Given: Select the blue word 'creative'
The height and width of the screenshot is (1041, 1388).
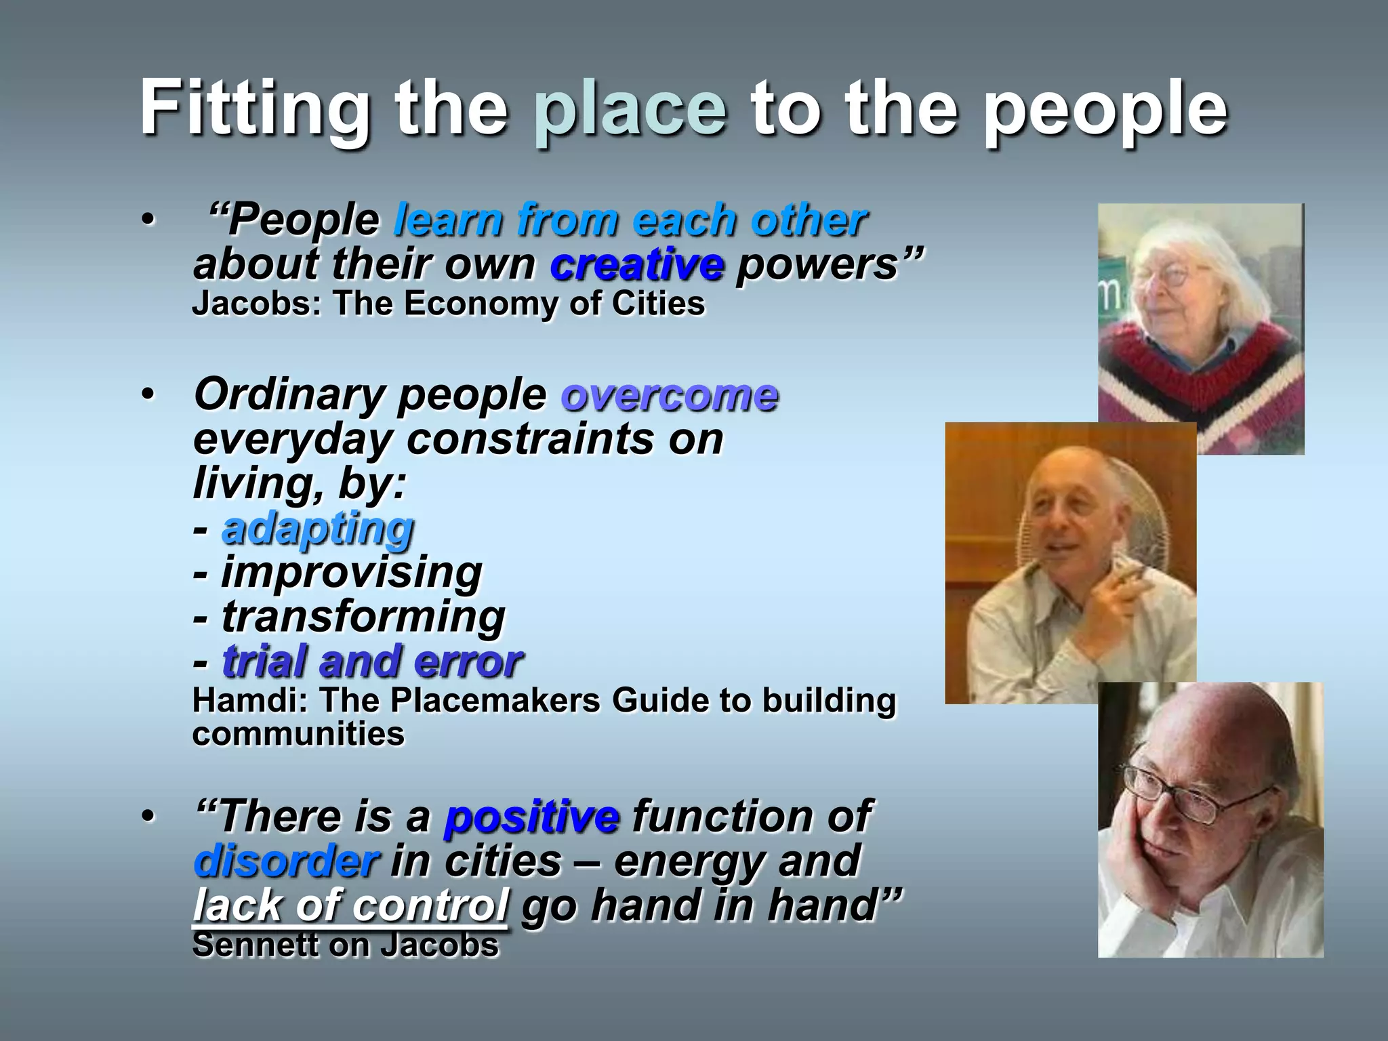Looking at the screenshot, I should coord(636,264).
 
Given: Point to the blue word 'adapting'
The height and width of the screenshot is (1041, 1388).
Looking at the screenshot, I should coord(318,528).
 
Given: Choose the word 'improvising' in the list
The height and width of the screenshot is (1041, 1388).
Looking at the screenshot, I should coord(352,572).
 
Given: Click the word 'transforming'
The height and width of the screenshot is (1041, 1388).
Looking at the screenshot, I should coord(363,617).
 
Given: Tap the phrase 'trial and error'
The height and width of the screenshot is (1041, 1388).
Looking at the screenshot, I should coord(372,661).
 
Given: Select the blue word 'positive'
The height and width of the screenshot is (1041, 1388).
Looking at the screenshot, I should coord(531,817).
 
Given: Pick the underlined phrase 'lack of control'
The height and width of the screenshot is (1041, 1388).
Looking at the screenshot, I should coord(350,905).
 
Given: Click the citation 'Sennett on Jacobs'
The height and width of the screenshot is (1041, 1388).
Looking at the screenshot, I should coord(345,945).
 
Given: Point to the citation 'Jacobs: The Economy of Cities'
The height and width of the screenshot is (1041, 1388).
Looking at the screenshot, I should coord(448,303).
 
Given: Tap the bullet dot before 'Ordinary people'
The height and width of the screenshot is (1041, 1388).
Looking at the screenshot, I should coord(148,395).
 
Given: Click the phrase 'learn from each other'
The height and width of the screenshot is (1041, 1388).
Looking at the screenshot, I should coord(630,220).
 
